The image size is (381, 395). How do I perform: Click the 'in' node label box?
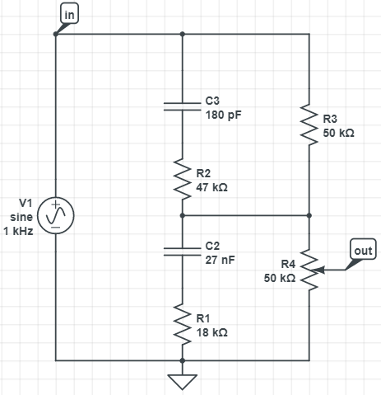click(69, 13)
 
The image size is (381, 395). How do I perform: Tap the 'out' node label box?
click(363, 249)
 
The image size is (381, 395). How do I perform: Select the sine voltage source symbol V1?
click(56, 215)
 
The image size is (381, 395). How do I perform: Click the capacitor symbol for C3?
click(183, 106)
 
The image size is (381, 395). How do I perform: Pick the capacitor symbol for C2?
click(183, 252)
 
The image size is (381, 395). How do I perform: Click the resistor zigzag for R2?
click(183, 179)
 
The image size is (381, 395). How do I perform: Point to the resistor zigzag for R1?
click(183, 324)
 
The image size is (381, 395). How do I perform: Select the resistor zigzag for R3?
click(309, 125)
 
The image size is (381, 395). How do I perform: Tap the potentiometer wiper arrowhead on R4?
click(319, 270)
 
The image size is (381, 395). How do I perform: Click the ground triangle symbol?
click(183, 382)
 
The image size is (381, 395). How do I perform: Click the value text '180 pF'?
click(223, 115)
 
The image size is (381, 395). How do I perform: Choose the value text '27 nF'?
click(220, 260)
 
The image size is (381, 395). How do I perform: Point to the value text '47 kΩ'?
click(211, 187)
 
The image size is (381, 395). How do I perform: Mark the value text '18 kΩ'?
click(211, 332)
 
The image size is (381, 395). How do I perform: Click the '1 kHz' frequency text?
click(18, 231)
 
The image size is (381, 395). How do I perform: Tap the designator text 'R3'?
click(330, 119)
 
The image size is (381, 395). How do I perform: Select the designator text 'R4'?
click(288, 264)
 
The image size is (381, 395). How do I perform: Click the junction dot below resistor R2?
click(183, 215)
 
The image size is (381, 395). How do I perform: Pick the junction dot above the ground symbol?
click(183, 360)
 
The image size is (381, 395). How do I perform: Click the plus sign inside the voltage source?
click(56, 205)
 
